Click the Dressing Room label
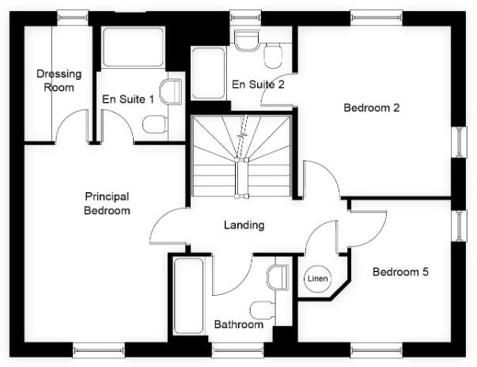[59, 81]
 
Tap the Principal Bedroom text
[108, 203]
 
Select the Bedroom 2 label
[371, 108]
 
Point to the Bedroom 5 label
[400, 272]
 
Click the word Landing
[244, 225]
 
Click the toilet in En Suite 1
[155, 123]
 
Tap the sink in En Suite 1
[169, 92]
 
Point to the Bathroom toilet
[261, 308]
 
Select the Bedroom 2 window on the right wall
[458, 142]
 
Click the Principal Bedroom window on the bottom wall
[99, 348]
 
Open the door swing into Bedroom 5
[368, 224]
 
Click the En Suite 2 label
[257, 85]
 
